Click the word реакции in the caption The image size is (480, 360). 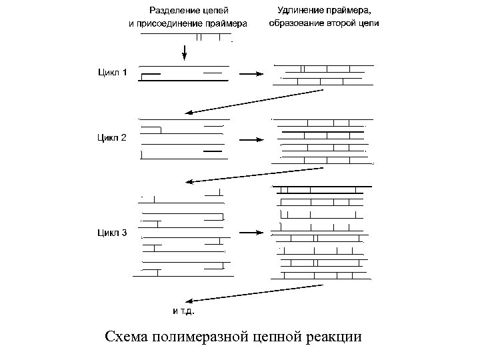click(335, 336)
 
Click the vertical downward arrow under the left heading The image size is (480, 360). click(185, 49)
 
